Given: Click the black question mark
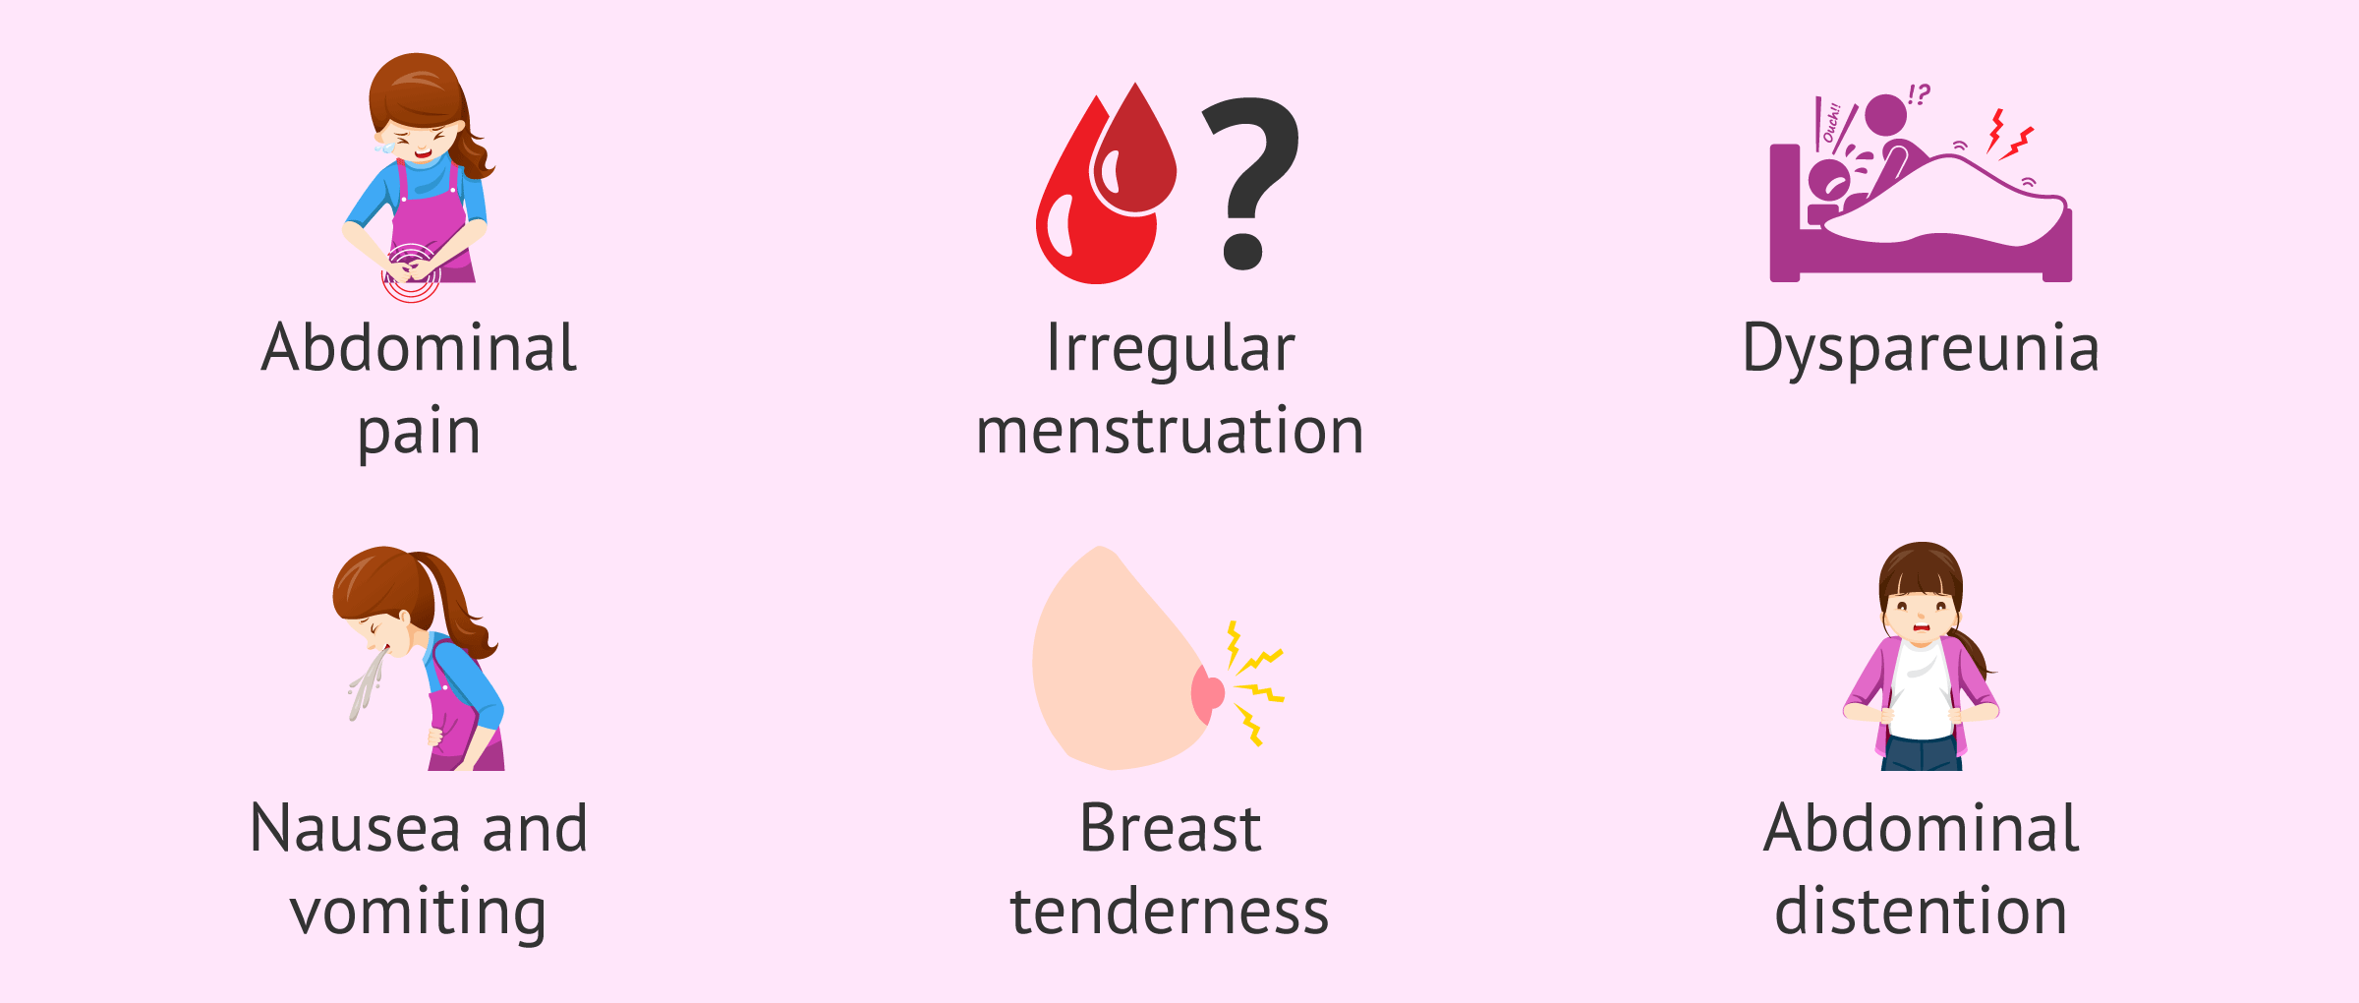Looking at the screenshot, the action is [1250, 182].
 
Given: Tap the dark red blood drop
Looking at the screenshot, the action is [1134, 152].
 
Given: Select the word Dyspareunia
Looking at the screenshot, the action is [1921, 350].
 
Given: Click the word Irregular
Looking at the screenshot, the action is [1171, 350].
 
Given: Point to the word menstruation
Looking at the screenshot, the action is [1170, 431].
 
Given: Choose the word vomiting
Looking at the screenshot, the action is [418, 914].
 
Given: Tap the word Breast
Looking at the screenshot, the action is [1170, 828].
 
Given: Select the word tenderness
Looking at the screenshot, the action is [1170, 911].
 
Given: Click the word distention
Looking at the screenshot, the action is [1921, 911].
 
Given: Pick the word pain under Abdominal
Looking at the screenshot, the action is [419, 433].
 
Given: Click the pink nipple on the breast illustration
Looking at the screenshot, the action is [1206, 694].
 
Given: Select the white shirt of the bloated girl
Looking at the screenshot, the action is [1921, 689].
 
